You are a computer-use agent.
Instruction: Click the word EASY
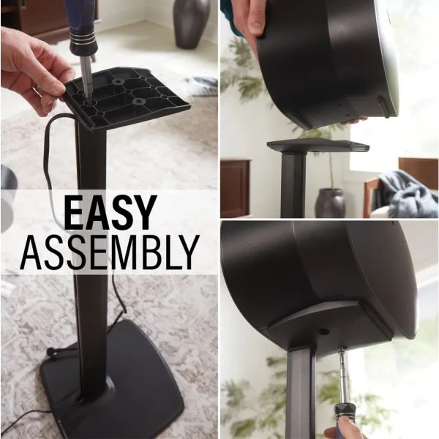pyautogui.click(x=110, y=211)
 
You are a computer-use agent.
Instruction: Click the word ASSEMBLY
pyautogui.click(x=110, y=252)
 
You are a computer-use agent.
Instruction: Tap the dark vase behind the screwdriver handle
pyautogui.click(x=191, y=24)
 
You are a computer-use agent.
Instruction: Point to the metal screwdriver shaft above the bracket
pyautogui.click(x=87, y=78)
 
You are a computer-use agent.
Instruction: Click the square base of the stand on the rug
pyautogui.click(x=112, y=380)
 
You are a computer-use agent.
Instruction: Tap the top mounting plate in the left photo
pyautogui.click(x=126, y=97)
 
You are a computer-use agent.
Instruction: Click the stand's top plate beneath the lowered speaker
pyautogui.click(x=318, y=146)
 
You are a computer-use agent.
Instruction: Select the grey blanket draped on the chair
pyautogui.click(x=409, y=193)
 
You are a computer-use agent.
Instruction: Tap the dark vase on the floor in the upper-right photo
pyautogui.click(x=331, y=203)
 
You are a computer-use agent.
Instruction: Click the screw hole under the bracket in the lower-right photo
pyautogui.click(x=324, y=331)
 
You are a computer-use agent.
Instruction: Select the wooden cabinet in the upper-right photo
pyautogui.click(x=235, y=187)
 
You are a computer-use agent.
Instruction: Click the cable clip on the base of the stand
pyautogui.click(x=51, y=351)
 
